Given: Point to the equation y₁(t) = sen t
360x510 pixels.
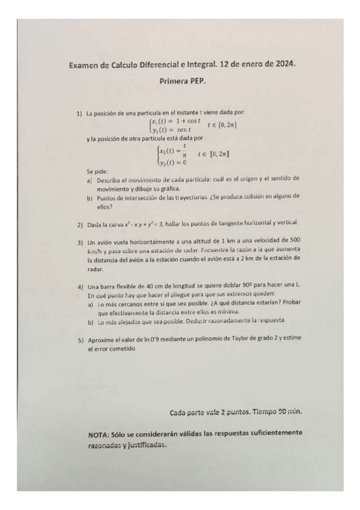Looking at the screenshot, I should pyautogui.click(x=172, y=130).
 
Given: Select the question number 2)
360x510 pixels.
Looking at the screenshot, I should pyautogui.click(x=79, y=225).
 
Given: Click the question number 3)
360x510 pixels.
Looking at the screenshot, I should pyautogui.click(x=79, y=242).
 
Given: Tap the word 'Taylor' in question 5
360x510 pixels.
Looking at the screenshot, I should pyautogui.click(x=247, y=339).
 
